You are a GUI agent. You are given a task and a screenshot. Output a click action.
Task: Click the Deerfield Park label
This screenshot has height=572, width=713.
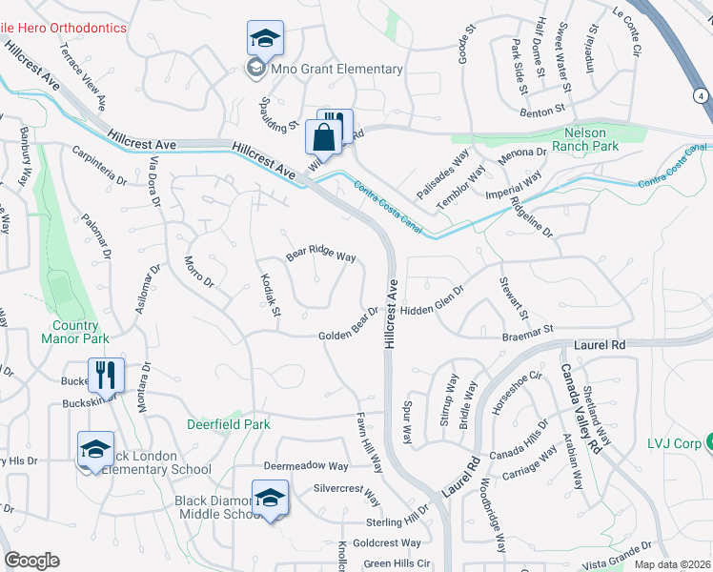click(228, 423)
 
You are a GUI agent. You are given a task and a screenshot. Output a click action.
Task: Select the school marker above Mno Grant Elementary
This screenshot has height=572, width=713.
click(264, 40)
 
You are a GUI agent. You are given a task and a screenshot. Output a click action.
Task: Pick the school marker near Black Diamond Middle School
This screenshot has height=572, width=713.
click(270, 499)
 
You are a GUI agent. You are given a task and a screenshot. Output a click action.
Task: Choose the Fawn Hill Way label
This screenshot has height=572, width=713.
click(369, 443)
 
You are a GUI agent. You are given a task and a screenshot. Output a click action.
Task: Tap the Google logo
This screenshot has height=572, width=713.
click(31, 561)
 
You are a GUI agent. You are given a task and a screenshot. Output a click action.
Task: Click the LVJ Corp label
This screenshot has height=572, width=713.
click(672, 442)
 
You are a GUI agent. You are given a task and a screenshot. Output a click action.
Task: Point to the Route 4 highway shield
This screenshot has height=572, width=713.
click(702, 96)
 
